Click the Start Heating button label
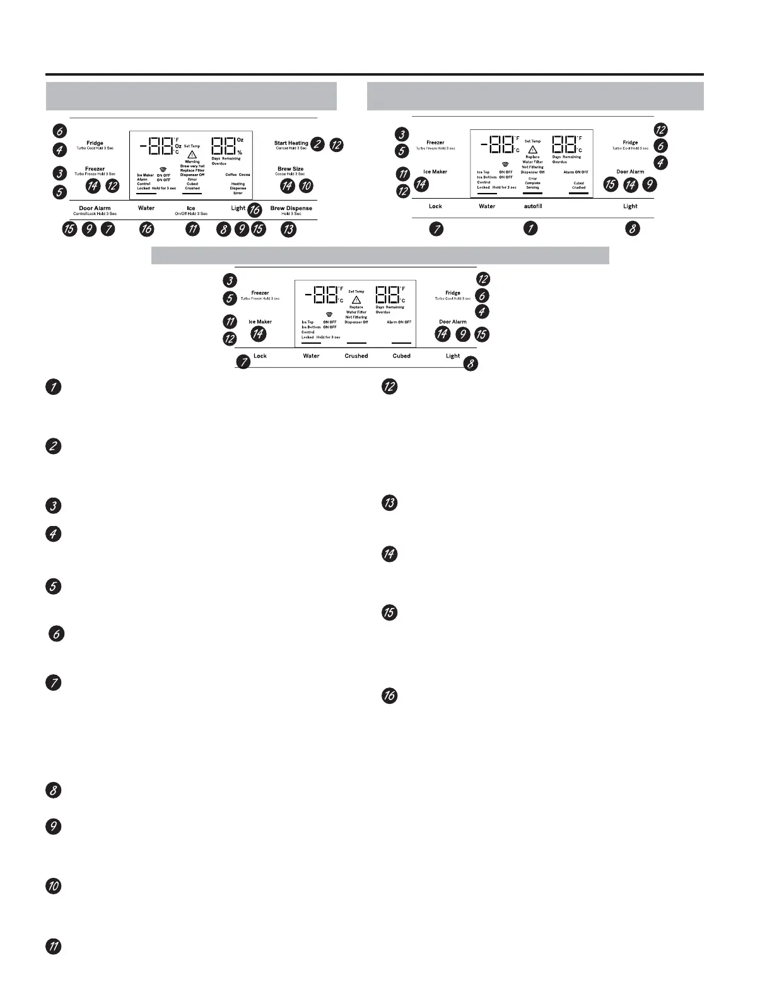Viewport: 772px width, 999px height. pyautogui.click(x=291, y=143)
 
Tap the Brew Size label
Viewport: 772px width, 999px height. pyautogui.click(x=290, y=169)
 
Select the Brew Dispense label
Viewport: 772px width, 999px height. pyautogui.click(x=291, y=208)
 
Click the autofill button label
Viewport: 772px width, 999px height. pyautogui.click(x=533, y=206)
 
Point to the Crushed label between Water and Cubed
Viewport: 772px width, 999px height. pyautogui.click(x=356, y=356)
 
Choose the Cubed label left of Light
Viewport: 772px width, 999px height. pyautogui.click(x=401, y=356)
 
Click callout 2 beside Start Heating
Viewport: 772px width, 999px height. pyautogui.click(x=317, y=144)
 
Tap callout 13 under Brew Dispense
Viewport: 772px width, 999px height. pyautogui.click(x=288, y=230)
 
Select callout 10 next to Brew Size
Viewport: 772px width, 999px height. pyautogui.click(x=306, y=186)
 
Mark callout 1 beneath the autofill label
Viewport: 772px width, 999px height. pyautogui.click(x=531, y=228)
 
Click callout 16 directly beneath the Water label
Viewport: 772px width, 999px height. pyautogui.click(x=146, y=230)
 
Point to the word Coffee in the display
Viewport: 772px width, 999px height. pyautogui.click(x=230, y=175)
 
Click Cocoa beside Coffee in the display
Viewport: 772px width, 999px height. pyautogui.click(x=244, y=175)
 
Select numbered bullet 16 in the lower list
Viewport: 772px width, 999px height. pyautogui.click(x=390, y=696)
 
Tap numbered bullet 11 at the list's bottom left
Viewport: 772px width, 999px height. pyautogui.click(x=54, y=947)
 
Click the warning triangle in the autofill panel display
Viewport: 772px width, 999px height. pyautogui.click(x=532, y=149)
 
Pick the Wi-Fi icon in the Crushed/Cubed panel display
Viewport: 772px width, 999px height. pyautogui.click(x=329, y=314)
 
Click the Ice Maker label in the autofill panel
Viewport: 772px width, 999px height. pyautogui.click(x=435, y=172)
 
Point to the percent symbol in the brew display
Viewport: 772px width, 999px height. pyautogui.click(x=240, y=153)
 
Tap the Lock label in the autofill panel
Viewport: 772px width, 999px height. pyautogui.click(x=435, y=206)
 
